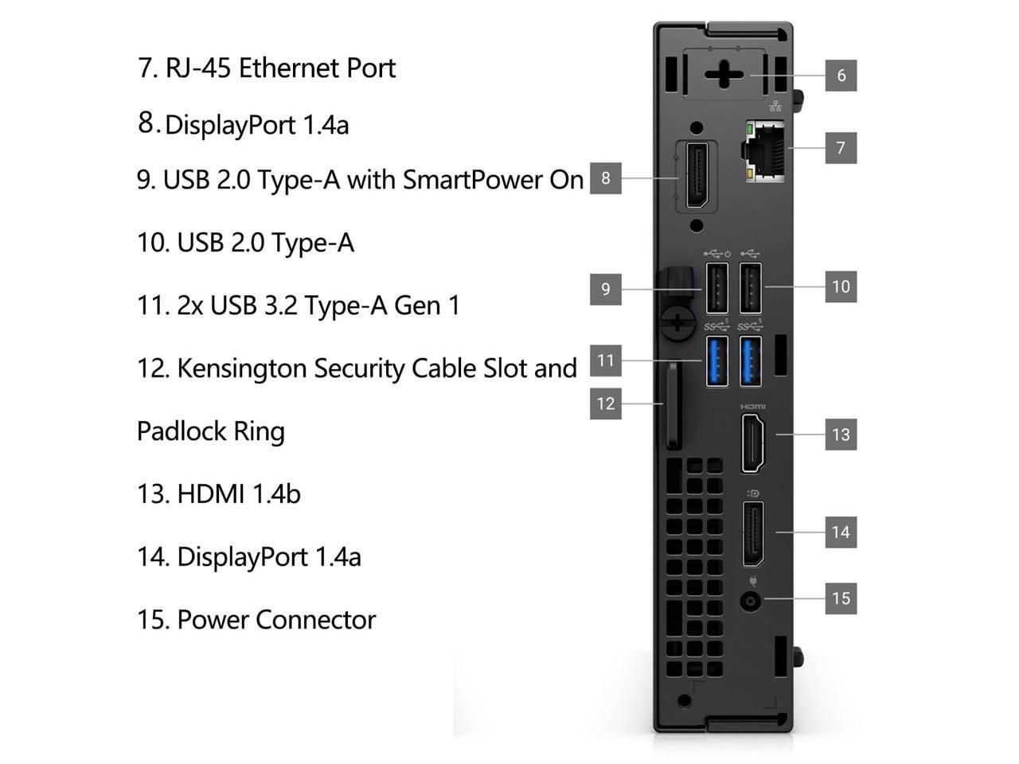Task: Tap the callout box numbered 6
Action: (x=841, y=76)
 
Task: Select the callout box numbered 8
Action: (x=605, y=178)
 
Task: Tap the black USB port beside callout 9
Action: (x=716, y=287)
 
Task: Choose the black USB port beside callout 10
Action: (x=751, y=287)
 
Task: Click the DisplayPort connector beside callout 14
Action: (x=753, y=533)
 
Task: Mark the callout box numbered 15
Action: (x=841, y=598)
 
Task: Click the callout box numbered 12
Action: (x=605, y=403)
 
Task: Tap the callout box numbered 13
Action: (x=841, y=435)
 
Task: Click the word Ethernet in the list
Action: (x=290, y=68)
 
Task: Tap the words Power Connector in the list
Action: (x=275, y=619)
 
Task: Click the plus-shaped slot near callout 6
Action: (x=724, y=76)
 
